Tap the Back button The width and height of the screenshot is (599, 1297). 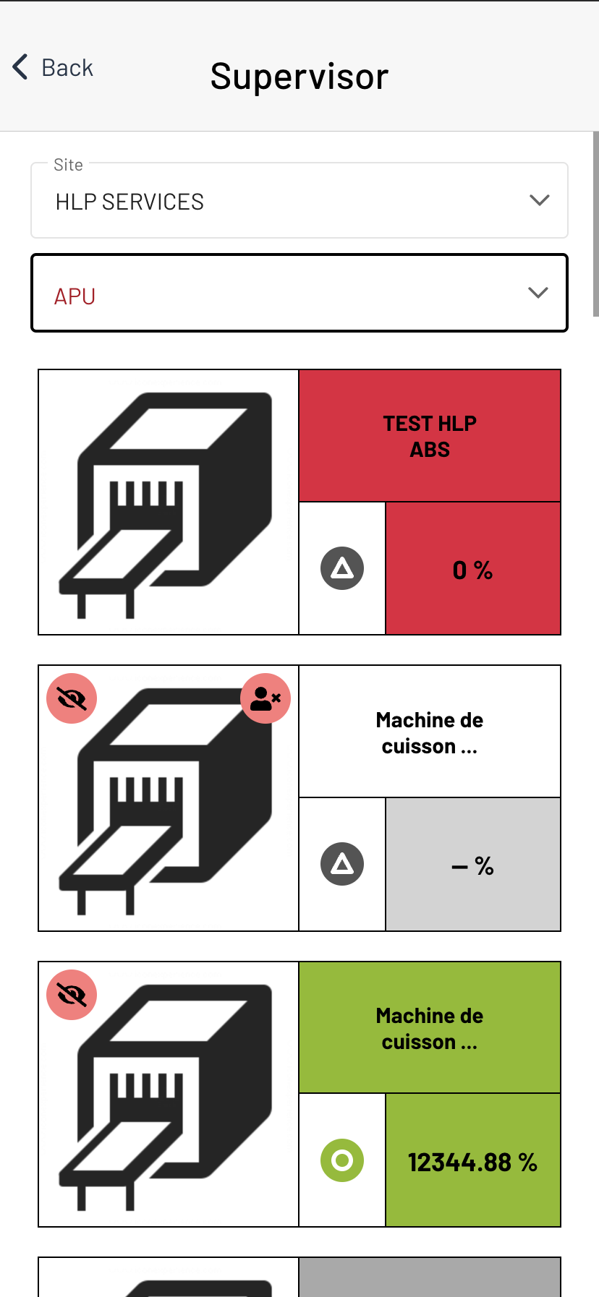[x=53, y=67]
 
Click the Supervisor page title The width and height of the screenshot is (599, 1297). [x=299, y=76]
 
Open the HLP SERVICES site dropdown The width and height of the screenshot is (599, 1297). [x=299, y=201]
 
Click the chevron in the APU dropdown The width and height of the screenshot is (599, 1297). [x=538, y=292]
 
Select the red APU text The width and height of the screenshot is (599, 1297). [x=75, y=296]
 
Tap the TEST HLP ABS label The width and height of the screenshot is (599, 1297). [x=430, y=436]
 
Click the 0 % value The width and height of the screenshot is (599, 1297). [x=472, y=570]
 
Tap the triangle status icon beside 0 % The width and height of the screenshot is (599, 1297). [x=342, y=568]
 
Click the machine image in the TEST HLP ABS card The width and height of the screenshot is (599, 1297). [x=169, y=502]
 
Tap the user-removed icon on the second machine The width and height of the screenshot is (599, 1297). [x=265, y=698]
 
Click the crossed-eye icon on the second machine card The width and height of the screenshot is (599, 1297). [x=72, y=698]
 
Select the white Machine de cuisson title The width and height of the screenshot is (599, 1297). [x=430, y=732]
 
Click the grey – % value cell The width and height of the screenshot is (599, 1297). [x=473, y=865]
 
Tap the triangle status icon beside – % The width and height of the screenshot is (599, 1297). [x=342, y=864]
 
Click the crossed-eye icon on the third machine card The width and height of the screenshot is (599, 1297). [x=72, y=995]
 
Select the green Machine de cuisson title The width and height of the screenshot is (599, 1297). [x=430, y=1029]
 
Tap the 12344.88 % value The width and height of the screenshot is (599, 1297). [x=472, y=1163]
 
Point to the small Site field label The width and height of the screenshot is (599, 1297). [x=68, y=165]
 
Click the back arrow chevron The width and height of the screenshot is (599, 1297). [x=20, y=67]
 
